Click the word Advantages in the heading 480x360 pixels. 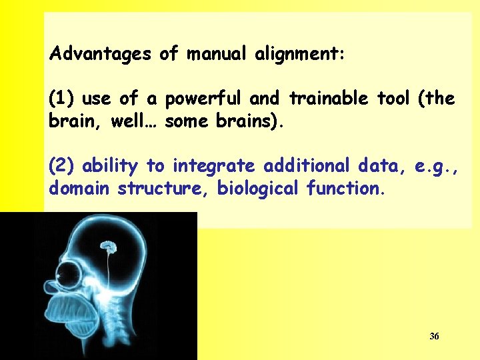point(101,53)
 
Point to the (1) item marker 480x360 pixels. point(62,99)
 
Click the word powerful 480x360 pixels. point(204,99)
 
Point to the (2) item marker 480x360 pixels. point(62,165)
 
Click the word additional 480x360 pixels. point(307,165)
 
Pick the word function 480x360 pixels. point(345,189)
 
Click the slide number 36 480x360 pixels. point(434,336)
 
